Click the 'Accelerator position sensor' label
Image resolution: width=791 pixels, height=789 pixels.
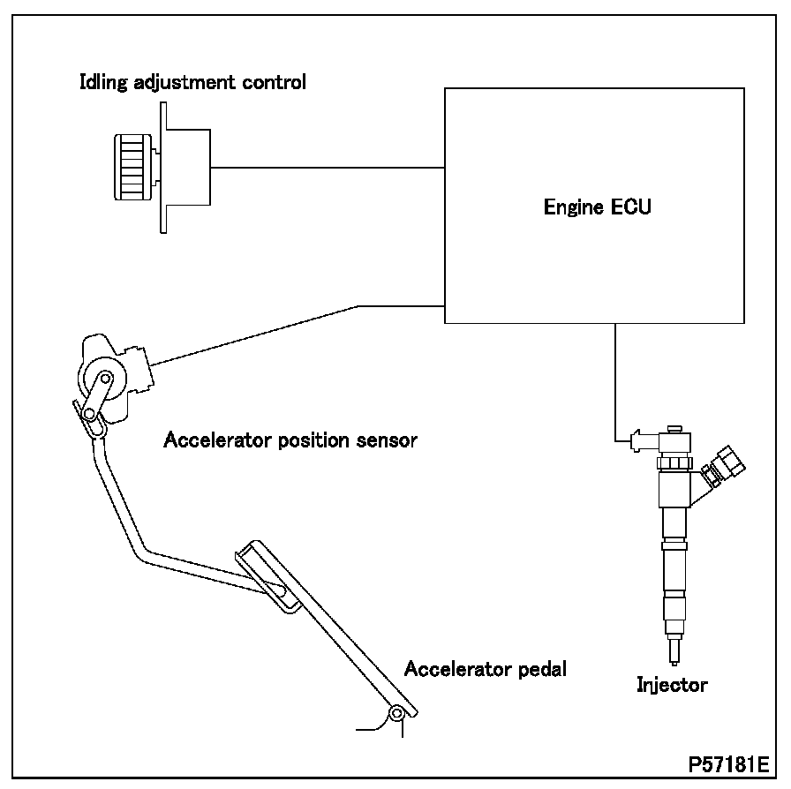tap(290, 439)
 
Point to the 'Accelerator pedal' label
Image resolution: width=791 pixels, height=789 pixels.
tap(485, 668)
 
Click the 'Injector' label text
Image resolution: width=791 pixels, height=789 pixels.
tap(672, 683)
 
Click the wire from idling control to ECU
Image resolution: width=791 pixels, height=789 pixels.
tap(327, 167)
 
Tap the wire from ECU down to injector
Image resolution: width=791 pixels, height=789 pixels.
tap(614, 379)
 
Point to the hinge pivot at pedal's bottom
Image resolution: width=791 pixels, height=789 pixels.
tap(397, 713)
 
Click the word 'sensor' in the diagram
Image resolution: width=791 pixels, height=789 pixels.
tap(387, 439)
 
